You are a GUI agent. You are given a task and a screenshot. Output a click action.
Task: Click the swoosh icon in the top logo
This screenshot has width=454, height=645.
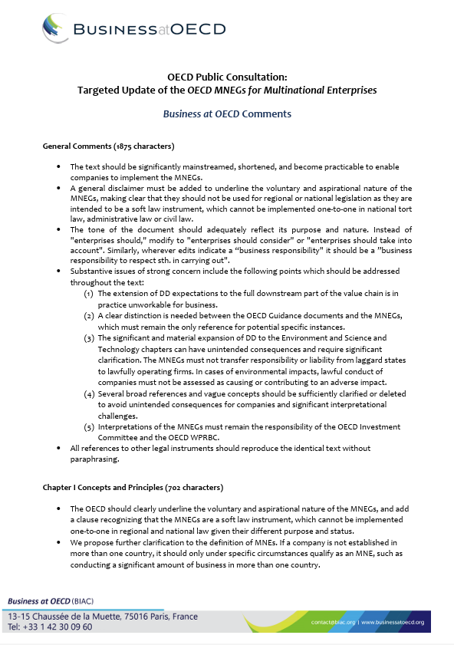58,30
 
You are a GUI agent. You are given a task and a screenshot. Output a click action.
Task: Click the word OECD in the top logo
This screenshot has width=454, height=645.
202,30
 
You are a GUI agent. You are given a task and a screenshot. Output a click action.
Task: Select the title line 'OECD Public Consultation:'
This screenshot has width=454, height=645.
227,77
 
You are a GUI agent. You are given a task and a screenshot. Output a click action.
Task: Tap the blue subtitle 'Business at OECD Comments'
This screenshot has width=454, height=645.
227,114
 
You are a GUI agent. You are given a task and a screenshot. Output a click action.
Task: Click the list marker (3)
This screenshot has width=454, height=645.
88,337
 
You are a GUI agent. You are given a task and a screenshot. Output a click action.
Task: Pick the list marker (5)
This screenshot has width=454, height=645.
88,426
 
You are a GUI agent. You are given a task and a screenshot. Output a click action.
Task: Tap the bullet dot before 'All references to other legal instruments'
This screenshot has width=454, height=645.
59,448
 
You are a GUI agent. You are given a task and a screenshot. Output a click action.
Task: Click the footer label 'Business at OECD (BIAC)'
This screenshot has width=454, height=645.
55,600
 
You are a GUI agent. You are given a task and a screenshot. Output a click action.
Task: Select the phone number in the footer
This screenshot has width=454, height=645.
51,627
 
